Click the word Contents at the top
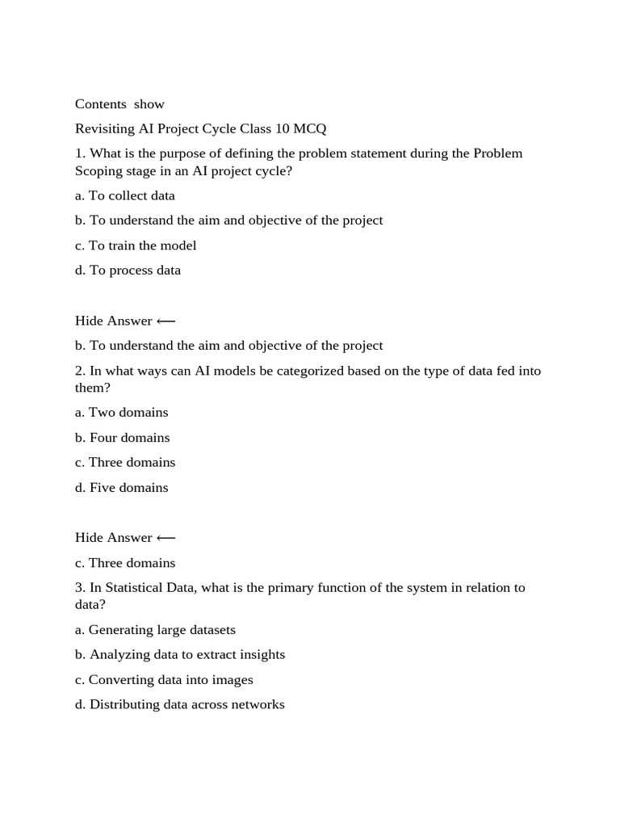[101, 104]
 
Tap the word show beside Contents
[149, 104]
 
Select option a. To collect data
[125, 195]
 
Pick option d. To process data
[128, 271]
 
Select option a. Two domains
[122, 413]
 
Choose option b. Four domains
[123, 438]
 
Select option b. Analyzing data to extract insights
[180, 655]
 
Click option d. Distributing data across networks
[180, 705]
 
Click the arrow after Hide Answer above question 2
[165, 321]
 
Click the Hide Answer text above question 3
[114, 538]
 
